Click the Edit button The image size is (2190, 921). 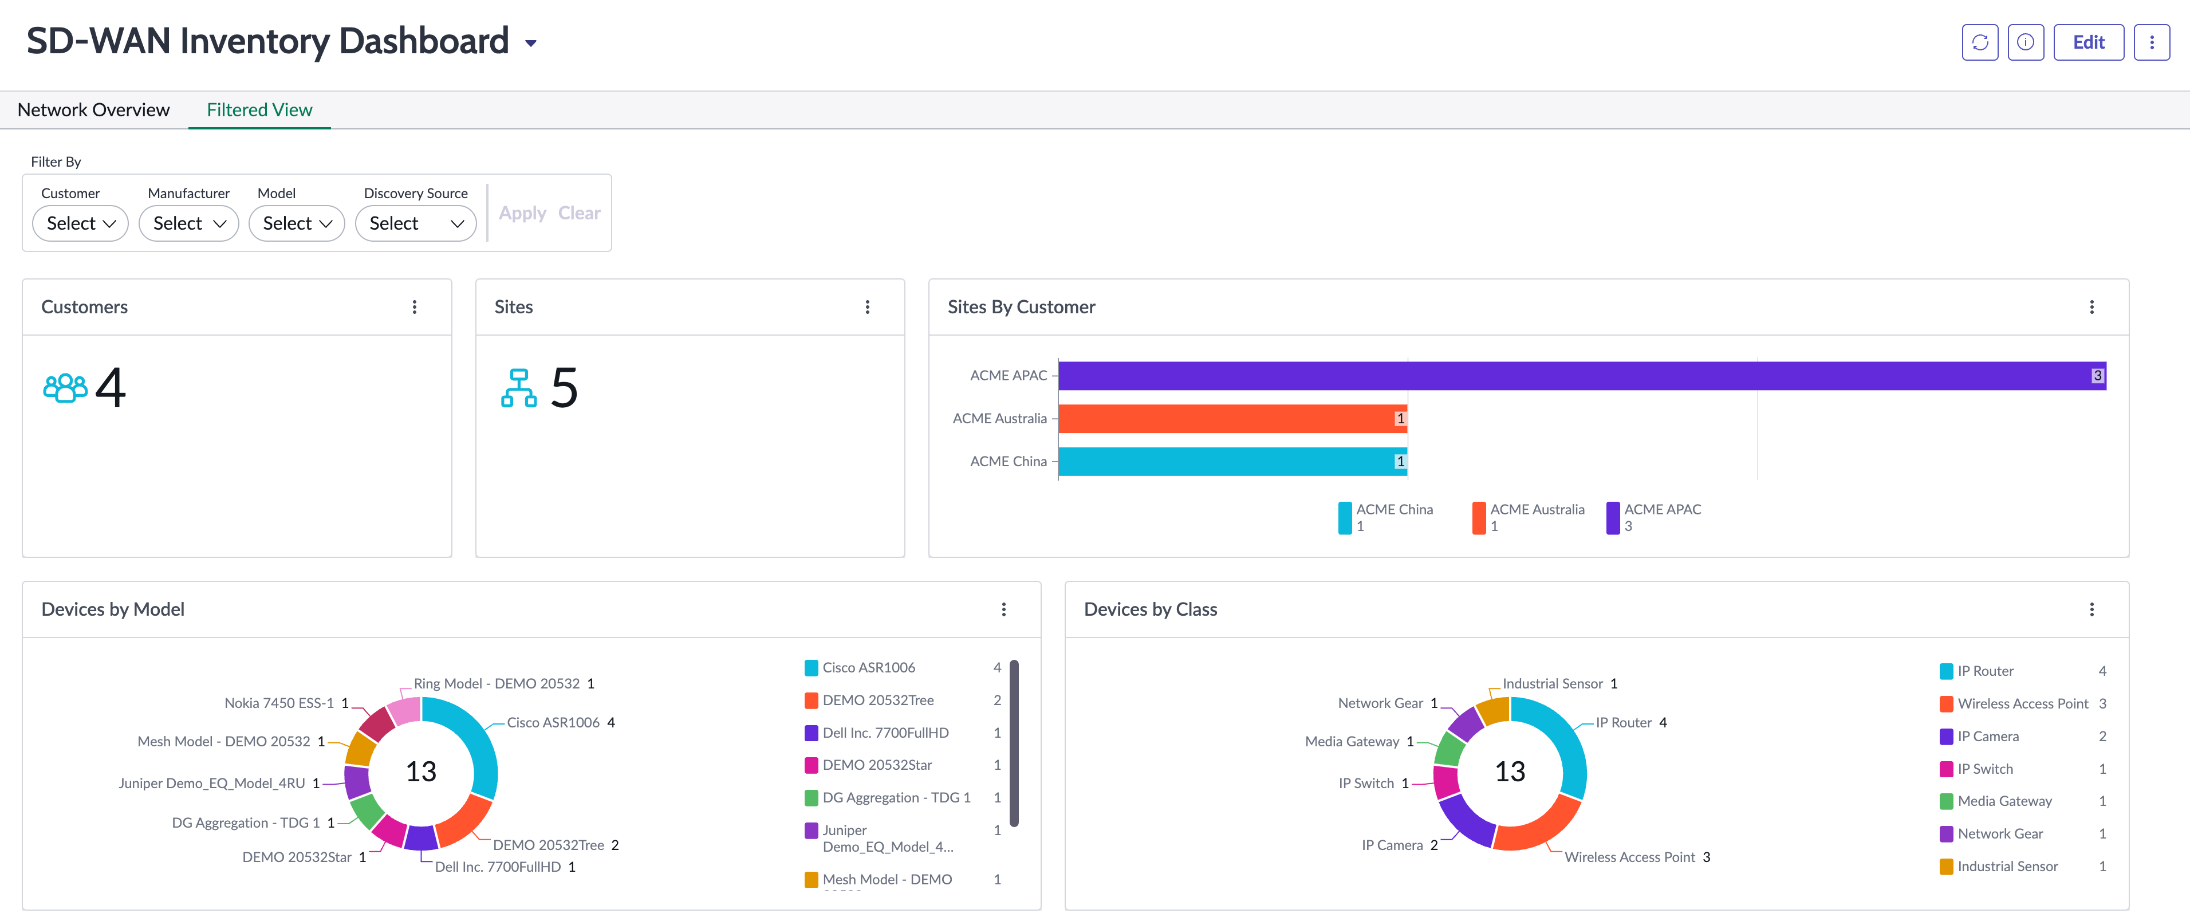(2088, 42)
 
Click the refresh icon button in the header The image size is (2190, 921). (1980, 42)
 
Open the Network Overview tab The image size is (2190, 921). (93, 110)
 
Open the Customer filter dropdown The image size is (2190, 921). (81, 223)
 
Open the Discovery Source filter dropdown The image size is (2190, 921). (416, 223)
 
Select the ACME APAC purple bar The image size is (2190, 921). (1581, 375)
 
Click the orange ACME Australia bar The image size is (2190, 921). (1232, 419)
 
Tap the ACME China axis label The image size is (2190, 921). (1009, 461)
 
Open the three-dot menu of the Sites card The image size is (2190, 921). (867, 307)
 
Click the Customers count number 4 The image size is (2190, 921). (111, 388)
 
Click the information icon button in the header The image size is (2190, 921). (2025, 42)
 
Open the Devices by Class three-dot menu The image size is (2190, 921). (2091, 609)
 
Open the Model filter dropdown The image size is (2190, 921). (297, 223)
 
